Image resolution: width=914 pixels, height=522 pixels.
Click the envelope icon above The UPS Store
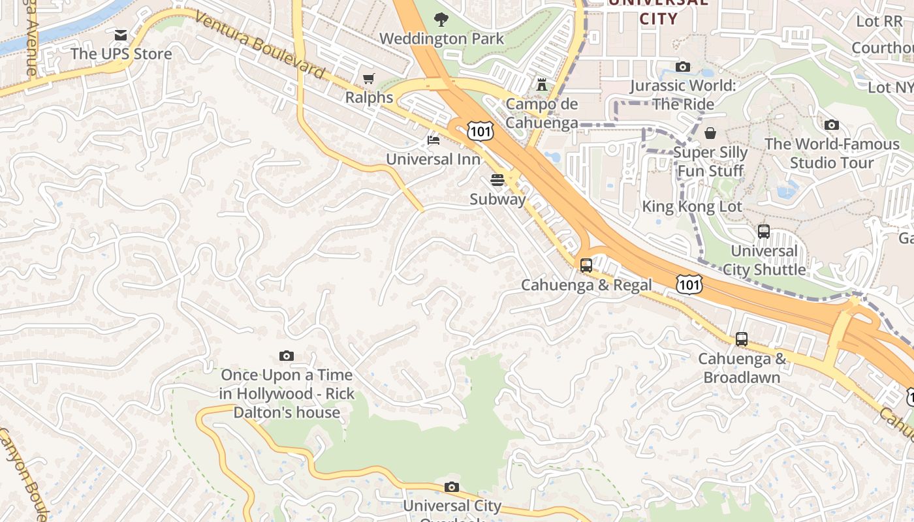pos(121,35)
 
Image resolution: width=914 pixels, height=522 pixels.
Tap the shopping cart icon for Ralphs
pos(369,79)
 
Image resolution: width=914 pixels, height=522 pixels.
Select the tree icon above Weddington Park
pos(441,19)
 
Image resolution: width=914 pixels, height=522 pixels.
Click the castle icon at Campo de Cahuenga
pos(541,84)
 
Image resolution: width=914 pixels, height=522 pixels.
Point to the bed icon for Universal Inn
pos(433,140)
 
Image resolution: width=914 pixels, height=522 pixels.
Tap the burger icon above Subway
pos(497,179)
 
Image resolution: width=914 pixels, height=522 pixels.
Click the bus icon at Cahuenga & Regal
pos(586,266)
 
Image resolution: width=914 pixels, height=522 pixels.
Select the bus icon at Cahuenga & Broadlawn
pos(742,339)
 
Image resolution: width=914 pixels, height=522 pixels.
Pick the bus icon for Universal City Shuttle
pos(764,232)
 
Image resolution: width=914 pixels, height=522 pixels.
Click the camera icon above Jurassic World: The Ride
pos(683,67)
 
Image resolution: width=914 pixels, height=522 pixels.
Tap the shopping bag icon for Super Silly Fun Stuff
pos(710,133)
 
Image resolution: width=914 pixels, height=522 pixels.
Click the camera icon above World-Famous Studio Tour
pos(832,125)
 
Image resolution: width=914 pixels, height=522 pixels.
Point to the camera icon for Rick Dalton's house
pos(286,356)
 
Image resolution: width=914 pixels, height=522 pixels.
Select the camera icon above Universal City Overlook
pos(451,487)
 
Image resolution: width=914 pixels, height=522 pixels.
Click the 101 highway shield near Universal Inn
pos(480,131)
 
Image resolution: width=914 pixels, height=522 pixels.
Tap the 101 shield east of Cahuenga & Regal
pos(689,284)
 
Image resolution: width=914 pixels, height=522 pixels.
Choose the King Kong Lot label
pos(692,207)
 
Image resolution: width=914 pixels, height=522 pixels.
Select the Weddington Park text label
pos(441,38)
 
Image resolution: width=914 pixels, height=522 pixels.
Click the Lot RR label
pos(879,21)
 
